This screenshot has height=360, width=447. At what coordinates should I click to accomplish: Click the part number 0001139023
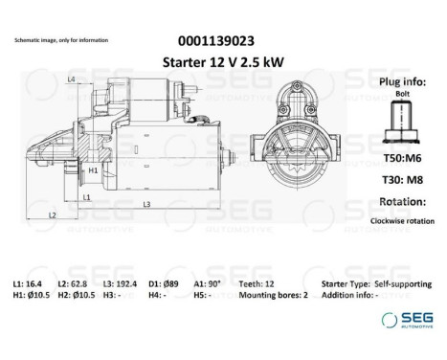216,41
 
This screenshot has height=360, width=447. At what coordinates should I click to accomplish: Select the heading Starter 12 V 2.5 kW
216,61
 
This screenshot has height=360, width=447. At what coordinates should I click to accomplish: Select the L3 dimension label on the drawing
146,205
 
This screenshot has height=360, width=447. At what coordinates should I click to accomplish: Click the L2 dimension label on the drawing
52,215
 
